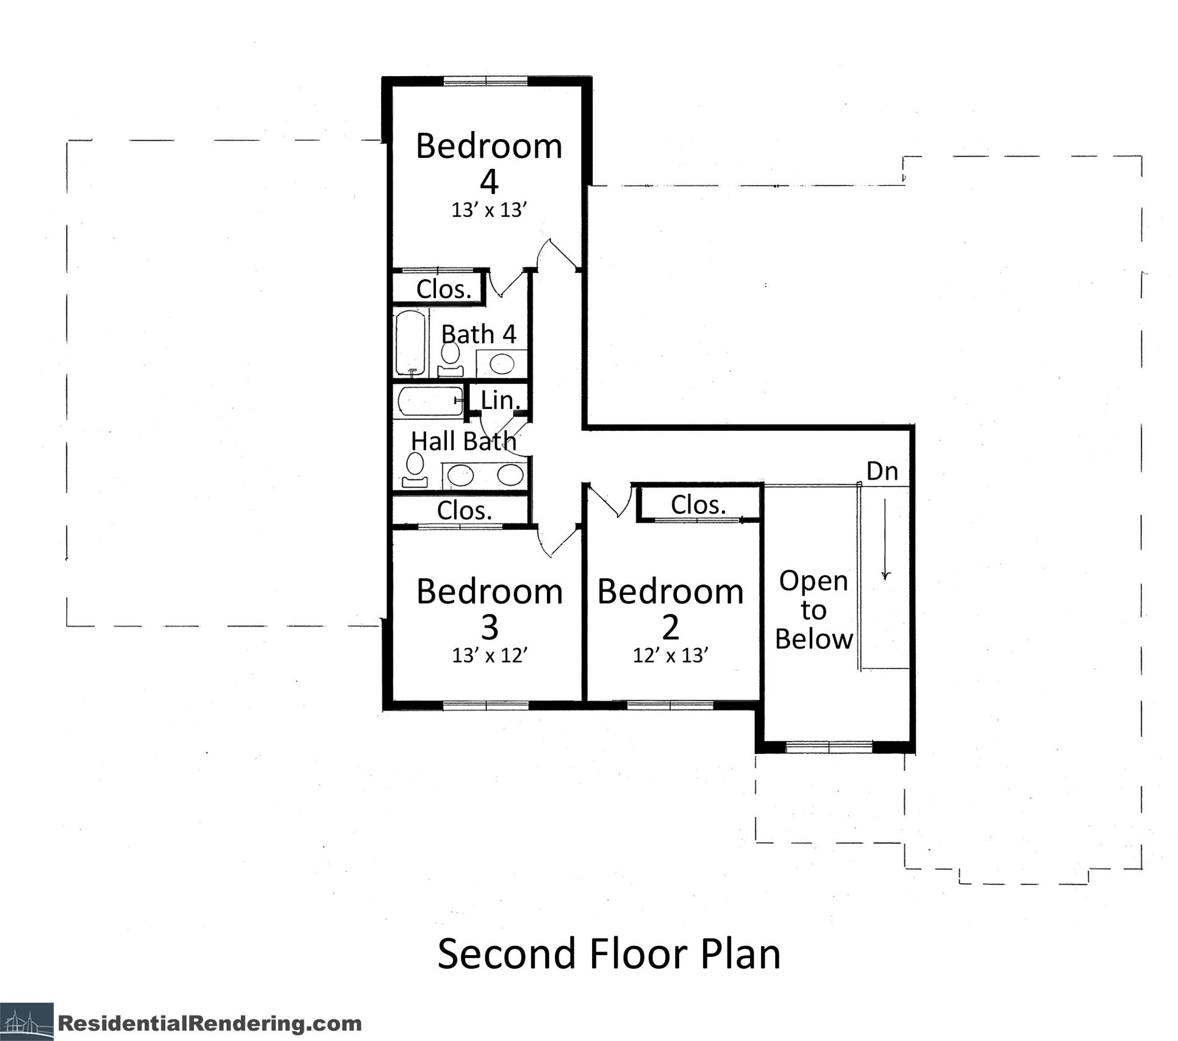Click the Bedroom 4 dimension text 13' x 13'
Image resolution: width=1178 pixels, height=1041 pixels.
point(488,211)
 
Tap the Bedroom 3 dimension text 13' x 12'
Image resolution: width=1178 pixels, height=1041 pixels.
point(489,656)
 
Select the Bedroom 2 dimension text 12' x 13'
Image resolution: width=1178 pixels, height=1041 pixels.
point(670,656)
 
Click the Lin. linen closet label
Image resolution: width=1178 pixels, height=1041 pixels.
point(500,400)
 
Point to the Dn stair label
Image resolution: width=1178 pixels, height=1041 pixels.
point(882,471)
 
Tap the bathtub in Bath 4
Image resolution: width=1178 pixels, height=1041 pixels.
point(409,343)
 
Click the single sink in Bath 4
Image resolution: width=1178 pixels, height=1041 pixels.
point(501,364)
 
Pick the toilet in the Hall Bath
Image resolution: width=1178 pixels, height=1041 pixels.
point(416,469)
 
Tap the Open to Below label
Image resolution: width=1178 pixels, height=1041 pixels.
point(813,610)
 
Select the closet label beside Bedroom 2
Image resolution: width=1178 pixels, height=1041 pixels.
point(698,505)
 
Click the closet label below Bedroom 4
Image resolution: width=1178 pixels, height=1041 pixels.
point(444,289)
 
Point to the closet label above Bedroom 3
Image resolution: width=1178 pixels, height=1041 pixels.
point(464,510)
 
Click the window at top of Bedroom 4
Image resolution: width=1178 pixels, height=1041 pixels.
point(485,81)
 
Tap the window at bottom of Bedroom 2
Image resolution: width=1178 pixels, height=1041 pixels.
point(670,705)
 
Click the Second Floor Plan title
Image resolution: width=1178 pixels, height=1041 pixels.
point(609,954)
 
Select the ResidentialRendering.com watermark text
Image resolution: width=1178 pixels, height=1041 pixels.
point(210,1023)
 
